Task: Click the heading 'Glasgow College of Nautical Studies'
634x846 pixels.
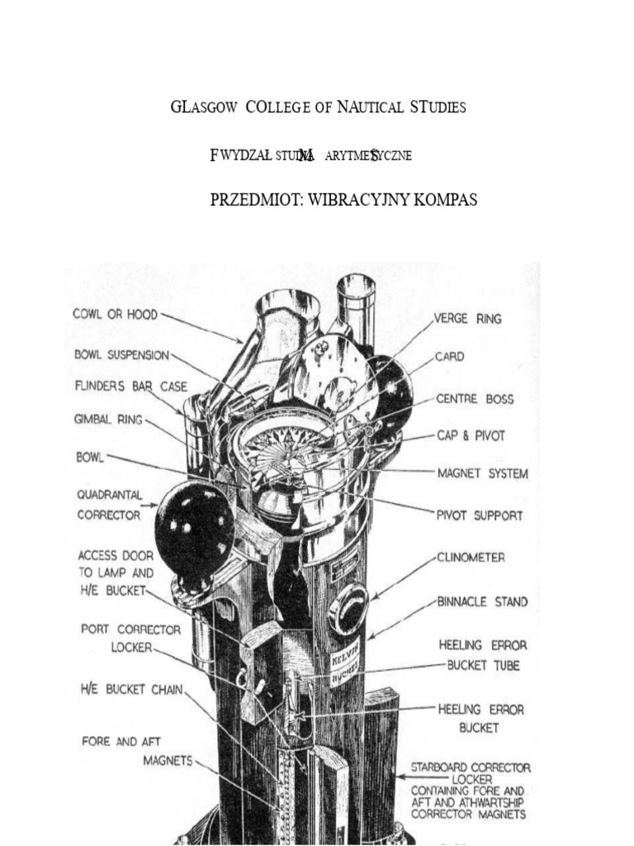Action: pyautogui.click(x=318, y=108)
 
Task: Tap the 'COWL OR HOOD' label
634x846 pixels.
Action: pyautogui.click(x=115, y=315)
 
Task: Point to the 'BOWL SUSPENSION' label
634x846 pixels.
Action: pyautogui.click(x=121, y=355)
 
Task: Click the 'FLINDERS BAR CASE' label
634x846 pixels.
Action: pyautogui.click(x=130, y=386)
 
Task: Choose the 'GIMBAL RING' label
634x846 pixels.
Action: pyautogui.click(x=108, y=420)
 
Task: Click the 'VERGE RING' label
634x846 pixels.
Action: pyautogui.click(x=468, y=318)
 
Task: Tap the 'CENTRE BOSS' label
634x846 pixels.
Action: pyautogui.click(x=475, y=399)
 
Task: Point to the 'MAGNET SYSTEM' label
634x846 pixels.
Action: pyautogui.click(x=482, y=473)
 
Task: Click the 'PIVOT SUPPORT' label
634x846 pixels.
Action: pyautogui.click(x=480, y=516)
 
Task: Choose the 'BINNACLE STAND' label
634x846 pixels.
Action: pyautogui.click(x=481, y=602)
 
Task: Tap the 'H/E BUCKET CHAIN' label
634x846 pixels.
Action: pyautogui.click(x=132, y=688)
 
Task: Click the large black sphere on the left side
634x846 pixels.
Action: pyautogui.click(x=195, y=524)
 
